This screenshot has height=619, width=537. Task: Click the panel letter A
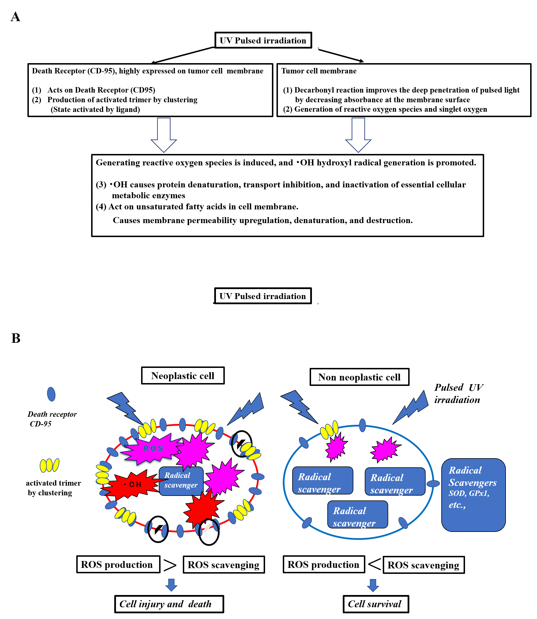[16, 17]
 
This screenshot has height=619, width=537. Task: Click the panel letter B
[16, 338]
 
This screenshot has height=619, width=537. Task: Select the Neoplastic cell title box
[183, 375]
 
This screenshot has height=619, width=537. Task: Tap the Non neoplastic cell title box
[359, 377]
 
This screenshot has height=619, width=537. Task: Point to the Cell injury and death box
[169, 604]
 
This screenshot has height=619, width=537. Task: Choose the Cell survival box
[376, 604]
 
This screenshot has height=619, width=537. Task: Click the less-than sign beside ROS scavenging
[374, 564]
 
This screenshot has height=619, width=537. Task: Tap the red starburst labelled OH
[132, 484]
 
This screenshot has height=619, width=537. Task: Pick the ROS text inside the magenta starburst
[153, 448]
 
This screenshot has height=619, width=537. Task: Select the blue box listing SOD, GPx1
[473, 495]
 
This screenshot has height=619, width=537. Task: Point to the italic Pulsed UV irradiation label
[458, 393]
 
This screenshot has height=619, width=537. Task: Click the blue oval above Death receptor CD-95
[51, 394]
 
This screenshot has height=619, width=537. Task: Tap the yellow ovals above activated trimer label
[49, 465]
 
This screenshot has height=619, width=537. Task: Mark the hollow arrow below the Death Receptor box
[164, 135]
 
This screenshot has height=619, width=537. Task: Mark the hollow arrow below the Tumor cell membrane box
[358, 135]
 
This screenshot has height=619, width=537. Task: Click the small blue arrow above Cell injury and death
[171, 585]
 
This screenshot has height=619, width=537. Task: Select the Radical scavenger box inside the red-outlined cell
[181, 481]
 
